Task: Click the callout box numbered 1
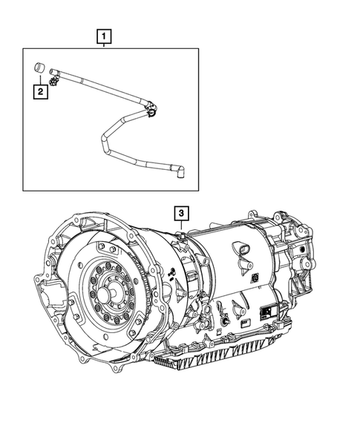tap(105, 35)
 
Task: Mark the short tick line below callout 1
tap(105, 46)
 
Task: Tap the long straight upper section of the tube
tap(104, 88)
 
